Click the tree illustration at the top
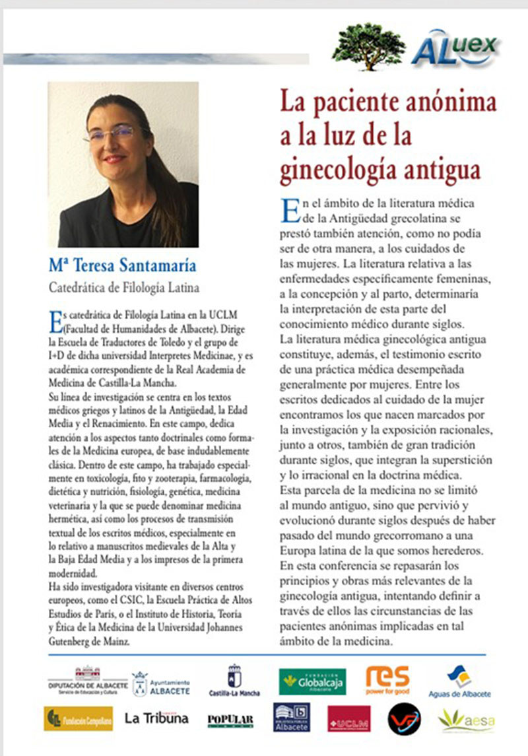tap(368, 46)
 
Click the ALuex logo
tap(455, 48)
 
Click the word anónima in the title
tap(444, 104)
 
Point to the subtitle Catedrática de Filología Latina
tap(124, 287)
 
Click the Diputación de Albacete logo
tap(88, 681)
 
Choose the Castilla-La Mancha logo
tap(234, 681)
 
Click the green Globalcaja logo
tap(312, 681)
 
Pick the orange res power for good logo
tap(387, 679)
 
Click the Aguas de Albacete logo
tap(459, 681)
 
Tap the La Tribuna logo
tap(156, 718)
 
